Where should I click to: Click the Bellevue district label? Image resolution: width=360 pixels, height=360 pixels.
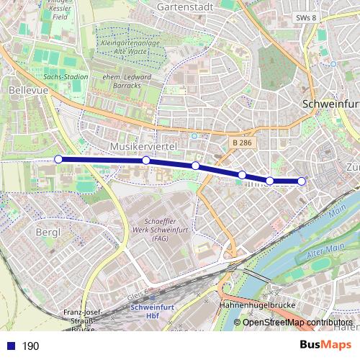coord(24,91)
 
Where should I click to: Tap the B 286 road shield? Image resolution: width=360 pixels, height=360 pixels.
coord(242,143)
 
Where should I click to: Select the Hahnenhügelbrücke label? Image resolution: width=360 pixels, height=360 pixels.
coord(256,305)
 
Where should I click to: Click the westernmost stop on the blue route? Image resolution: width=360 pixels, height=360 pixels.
coord(58,159)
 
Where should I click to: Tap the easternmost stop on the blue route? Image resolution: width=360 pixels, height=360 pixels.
coord(302,181)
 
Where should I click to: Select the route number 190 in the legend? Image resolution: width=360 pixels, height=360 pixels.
coord(30,346)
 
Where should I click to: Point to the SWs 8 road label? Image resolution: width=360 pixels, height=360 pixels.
coord(305,17)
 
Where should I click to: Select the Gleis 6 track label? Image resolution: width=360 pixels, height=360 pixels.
coord(135,294)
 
